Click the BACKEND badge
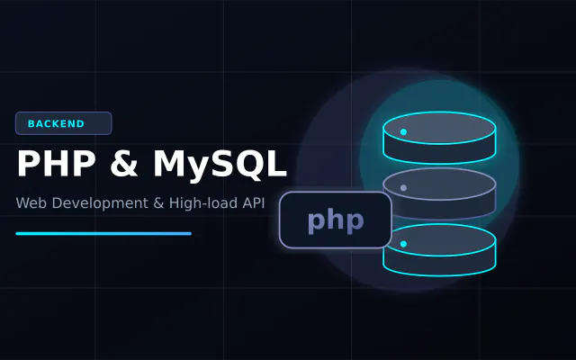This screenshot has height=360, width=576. (64, 123)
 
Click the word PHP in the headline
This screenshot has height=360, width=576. (56, 164)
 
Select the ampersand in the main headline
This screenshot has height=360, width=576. (124, 164)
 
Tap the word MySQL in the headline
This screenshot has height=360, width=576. (220, 165)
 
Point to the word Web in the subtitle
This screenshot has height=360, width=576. (31, 203)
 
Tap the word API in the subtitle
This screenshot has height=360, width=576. (254, 203)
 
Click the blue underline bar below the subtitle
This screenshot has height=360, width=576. (103, 234)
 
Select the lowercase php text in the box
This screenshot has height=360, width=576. (336, 221)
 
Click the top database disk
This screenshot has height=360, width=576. (439, 138)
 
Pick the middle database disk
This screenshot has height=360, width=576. (439, 193)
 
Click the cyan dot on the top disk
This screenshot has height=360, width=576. (403, 132)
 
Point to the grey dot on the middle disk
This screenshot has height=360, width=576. (403, 188)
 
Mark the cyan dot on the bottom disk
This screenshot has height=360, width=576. (403, 244)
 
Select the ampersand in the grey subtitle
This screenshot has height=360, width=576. (158, 203)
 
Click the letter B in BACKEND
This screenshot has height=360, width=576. (31, 124)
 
